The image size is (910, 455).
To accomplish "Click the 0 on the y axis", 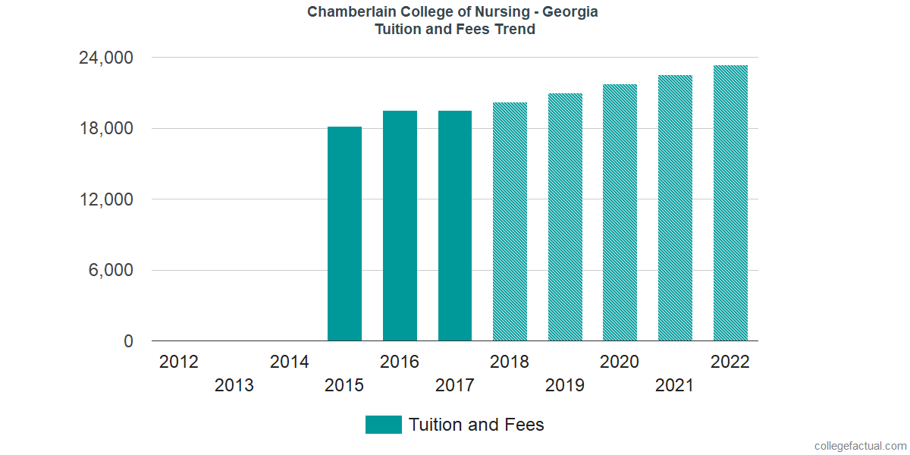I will pyautogui.click(x=129, y=342).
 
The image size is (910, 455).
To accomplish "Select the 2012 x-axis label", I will pyautogui.click(x=179, y=362).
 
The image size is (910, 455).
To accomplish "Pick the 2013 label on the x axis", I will pyautogui.click(x=234, y=386).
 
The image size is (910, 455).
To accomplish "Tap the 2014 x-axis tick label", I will pyautogui.click(x=289, y=362).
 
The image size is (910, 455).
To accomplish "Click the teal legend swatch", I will pyautogui.click(x=383, y=425).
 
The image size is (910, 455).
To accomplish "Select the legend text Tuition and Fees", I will pyautogui.click(x=476, y=425).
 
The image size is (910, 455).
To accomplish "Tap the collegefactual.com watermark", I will pyautogui.click(x=860, y=446).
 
